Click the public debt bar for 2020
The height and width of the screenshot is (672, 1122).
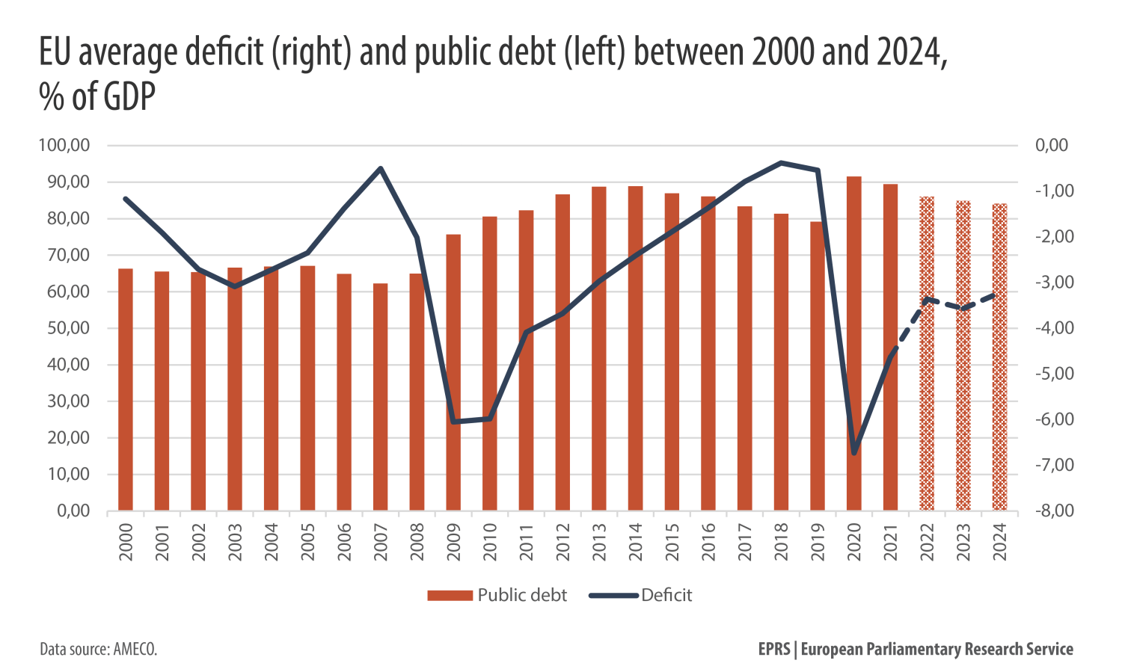tap(853, 344)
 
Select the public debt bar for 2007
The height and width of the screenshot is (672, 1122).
tap(381, 397)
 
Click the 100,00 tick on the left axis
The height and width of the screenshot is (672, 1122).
tap(64, 146)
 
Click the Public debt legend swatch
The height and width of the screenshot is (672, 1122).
tap(450, 596)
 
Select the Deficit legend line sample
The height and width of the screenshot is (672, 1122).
tap(613, 596)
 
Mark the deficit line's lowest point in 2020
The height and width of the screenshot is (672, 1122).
tap(854, 453)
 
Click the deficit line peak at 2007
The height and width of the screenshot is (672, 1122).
tap(381, 168)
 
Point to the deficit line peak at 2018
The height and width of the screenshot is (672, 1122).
tap(781, 162)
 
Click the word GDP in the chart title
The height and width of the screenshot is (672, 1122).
tap(128, 97)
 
